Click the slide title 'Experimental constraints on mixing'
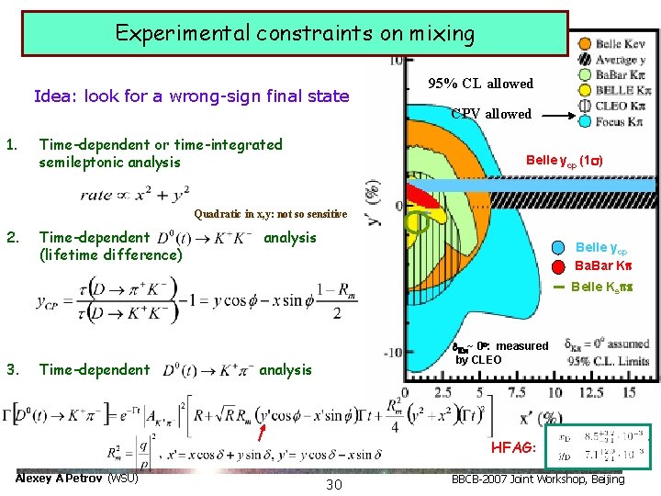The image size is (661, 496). [x=295, y=35]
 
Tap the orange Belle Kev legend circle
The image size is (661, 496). [x=583, y=44]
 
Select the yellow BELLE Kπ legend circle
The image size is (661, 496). [x=583, y=90]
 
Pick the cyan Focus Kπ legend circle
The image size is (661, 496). [x=583, y=120]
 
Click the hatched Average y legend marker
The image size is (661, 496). [x=583, y=60]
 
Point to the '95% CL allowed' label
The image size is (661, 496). [x=480, y=84]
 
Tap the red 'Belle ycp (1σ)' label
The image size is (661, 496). [x=564, y=160]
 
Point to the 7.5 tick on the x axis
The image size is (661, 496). [x=517, y=392]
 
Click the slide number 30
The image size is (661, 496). [x=333, y=484]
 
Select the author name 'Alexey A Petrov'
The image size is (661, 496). [x=61, y=479]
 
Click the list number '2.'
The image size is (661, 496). [x=12, y=237]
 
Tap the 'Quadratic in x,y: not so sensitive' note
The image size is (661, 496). [x=271, y=215]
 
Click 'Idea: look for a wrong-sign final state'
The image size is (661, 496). [x=191, y=96]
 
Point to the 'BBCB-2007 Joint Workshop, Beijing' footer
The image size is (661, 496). [x=539, y=479]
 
